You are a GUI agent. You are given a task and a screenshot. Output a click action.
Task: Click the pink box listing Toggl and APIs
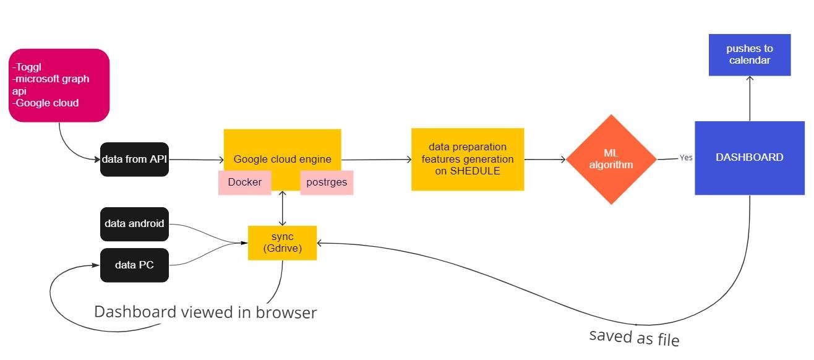(59, 85)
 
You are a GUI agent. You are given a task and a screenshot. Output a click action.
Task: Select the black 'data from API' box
(134, 160)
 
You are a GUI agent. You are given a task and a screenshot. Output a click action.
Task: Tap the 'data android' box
(134, 223)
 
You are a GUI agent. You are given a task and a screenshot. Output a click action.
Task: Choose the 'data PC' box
(134, 265)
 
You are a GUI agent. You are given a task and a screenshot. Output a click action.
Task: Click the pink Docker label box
(244, 182)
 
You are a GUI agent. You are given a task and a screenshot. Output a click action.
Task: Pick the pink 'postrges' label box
(327, 182)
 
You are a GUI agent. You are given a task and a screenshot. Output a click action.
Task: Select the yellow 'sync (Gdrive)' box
(282, 242)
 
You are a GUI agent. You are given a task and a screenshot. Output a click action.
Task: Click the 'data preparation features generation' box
(467, 159)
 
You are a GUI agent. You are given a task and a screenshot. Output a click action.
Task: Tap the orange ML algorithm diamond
(611, 159)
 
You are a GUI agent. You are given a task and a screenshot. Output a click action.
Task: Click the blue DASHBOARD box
(749, 158)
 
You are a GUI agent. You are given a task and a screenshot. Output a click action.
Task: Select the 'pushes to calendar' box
(749, 54)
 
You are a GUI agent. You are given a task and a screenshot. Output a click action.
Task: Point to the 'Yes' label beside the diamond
(686, 158)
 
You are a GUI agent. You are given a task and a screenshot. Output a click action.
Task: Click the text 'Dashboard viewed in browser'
(205, 312)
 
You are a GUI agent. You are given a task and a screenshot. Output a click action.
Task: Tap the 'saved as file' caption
(634, 337)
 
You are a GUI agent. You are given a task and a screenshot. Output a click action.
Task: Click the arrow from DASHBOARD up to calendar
(750, 99)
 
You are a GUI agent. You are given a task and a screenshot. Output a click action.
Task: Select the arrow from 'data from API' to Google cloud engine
(196, 160)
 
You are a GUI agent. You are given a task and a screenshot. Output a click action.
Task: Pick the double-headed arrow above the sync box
(283, 208)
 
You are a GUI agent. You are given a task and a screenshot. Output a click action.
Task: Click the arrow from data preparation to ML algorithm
(545, 159)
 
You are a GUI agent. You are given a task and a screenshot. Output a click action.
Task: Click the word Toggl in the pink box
(28, 67)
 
